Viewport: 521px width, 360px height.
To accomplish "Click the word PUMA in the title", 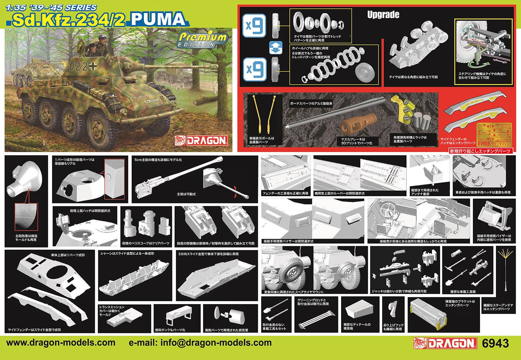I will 158,19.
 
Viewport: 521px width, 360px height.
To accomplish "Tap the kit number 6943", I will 496,343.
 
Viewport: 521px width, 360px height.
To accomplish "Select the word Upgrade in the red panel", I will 383,15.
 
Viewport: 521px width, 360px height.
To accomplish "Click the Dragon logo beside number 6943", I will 445,343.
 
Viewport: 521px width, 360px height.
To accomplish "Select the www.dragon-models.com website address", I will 61,343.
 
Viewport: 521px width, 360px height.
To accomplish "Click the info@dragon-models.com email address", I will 200,343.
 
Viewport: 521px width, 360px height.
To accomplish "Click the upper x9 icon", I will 254,25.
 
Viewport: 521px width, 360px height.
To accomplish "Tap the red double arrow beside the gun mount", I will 236,190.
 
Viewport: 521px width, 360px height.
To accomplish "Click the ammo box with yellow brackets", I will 426,313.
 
